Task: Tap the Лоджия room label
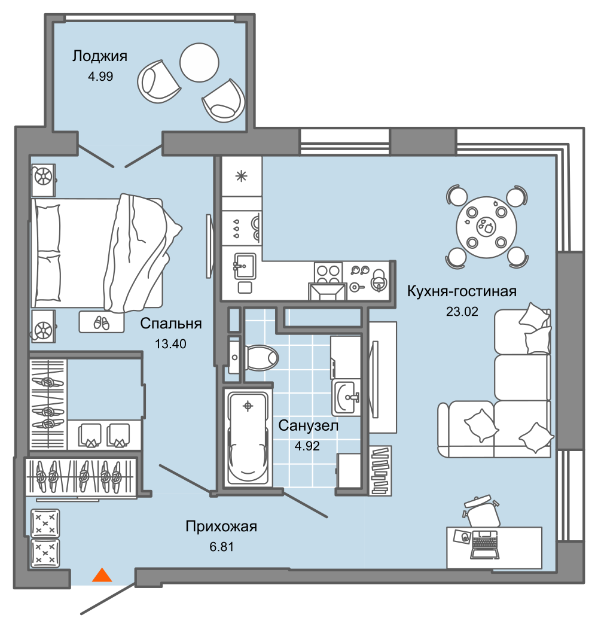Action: click(x=100, y=56)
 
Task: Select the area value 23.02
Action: click(x=462, y=312)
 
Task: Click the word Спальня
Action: click(x=170, y=323)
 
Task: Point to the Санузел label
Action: click(x=308, y=425)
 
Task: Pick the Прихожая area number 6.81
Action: click(x=221, y=547)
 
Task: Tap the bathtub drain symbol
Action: click(x=248, y=406)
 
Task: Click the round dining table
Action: click(x=487, y=227)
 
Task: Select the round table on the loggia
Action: click(x=200, y=62)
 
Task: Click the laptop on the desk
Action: click(x=484, y=544)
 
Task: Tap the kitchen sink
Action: click(x=244, y=266)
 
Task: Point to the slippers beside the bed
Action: click(x=101, y=322)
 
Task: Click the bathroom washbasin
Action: click(x=346, y=398)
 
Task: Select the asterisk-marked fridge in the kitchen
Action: click(x=242, y=176)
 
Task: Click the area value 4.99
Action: click(x=100, y=77)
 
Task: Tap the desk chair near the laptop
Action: click(x=481, y=512)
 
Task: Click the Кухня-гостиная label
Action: click(x=462, y=291)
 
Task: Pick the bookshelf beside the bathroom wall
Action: click(x=380, y=471)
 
